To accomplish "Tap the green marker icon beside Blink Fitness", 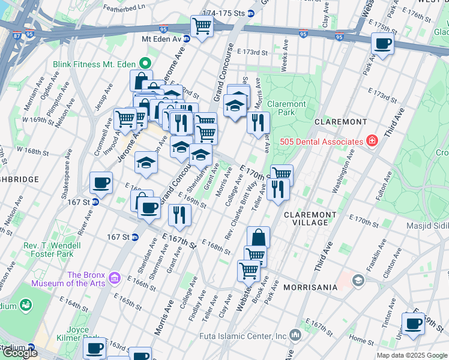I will (x=145, y=62).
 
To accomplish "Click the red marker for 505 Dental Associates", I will (x=372, y=142).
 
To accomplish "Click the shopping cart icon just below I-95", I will (x=202, y=25).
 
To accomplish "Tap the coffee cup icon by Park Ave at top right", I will (x=382, y=43).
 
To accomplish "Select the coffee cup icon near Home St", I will (x=413, y=323).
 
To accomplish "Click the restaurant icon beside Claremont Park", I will (x=259, y=122).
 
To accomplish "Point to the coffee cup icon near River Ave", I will (x=101, y=183).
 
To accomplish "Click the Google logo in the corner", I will (x=20, y=353).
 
